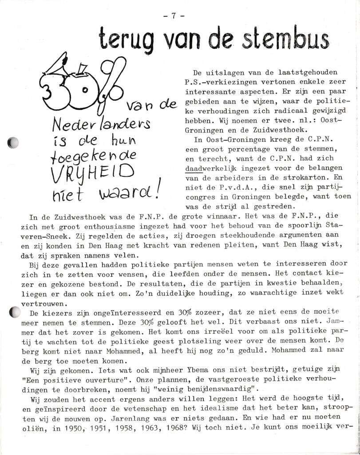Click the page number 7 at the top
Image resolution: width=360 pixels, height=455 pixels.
173,16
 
